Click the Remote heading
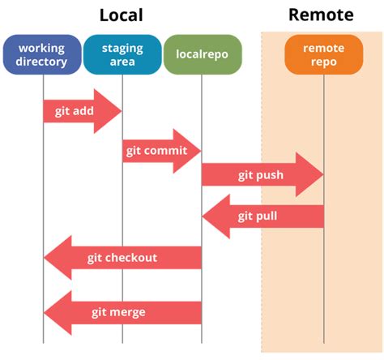(x=321, y=15)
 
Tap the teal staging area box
(x=122, y=54)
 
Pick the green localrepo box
(x=201, y=54)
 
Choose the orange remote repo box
(x=323, y=54)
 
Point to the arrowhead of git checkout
(x=57, y=258)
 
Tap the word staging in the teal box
(x=122, y=48)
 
